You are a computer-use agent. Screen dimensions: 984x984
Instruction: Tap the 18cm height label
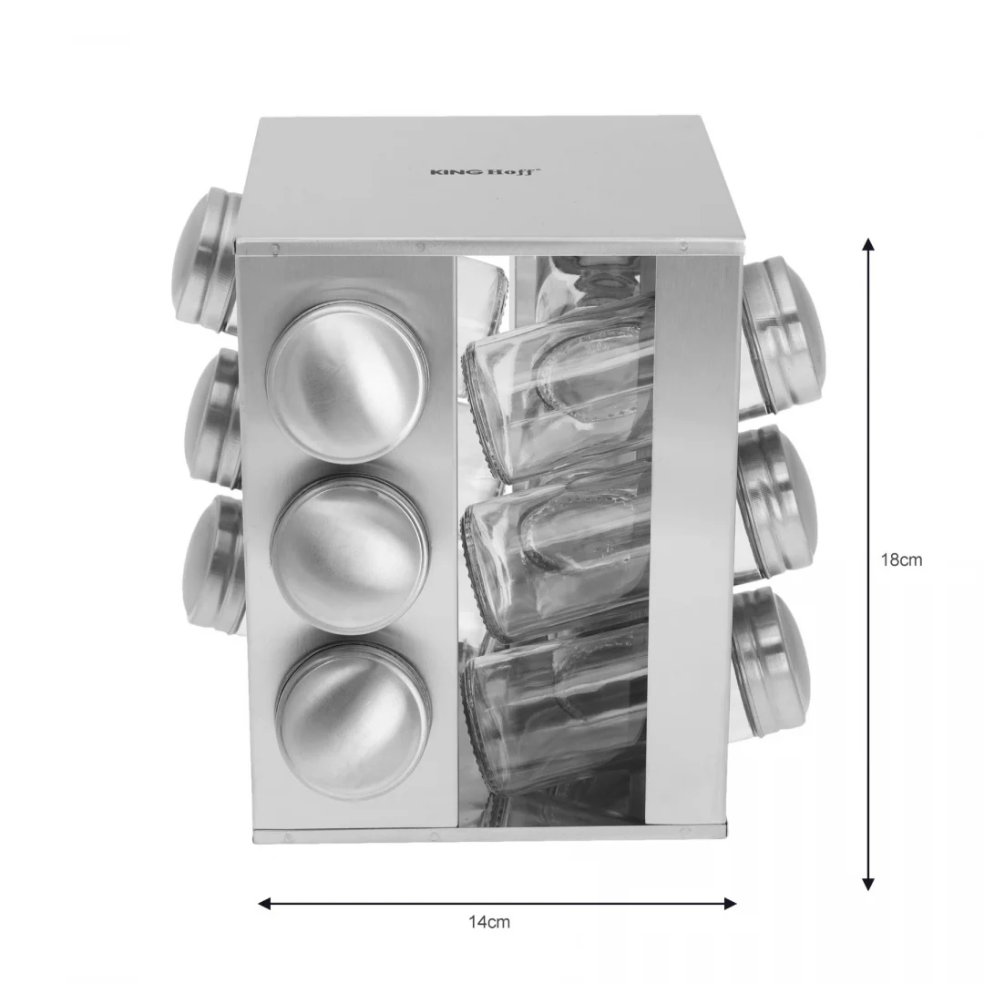(901, 559)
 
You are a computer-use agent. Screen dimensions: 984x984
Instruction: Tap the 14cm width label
(489, 922)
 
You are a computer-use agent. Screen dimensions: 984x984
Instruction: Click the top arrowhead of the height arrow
(868, 244)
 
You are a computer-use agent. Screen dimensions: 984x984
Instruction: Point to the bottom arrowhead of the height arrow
(868, 884)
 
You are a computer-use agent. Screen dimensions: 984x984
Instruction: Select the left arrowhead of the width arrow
(265, 904)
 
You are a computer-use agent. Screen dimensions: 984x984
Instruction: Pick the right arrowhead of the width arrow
(730, 904)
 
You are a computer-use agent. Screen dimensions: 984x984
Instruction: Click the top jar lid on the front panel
(347, 382)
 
